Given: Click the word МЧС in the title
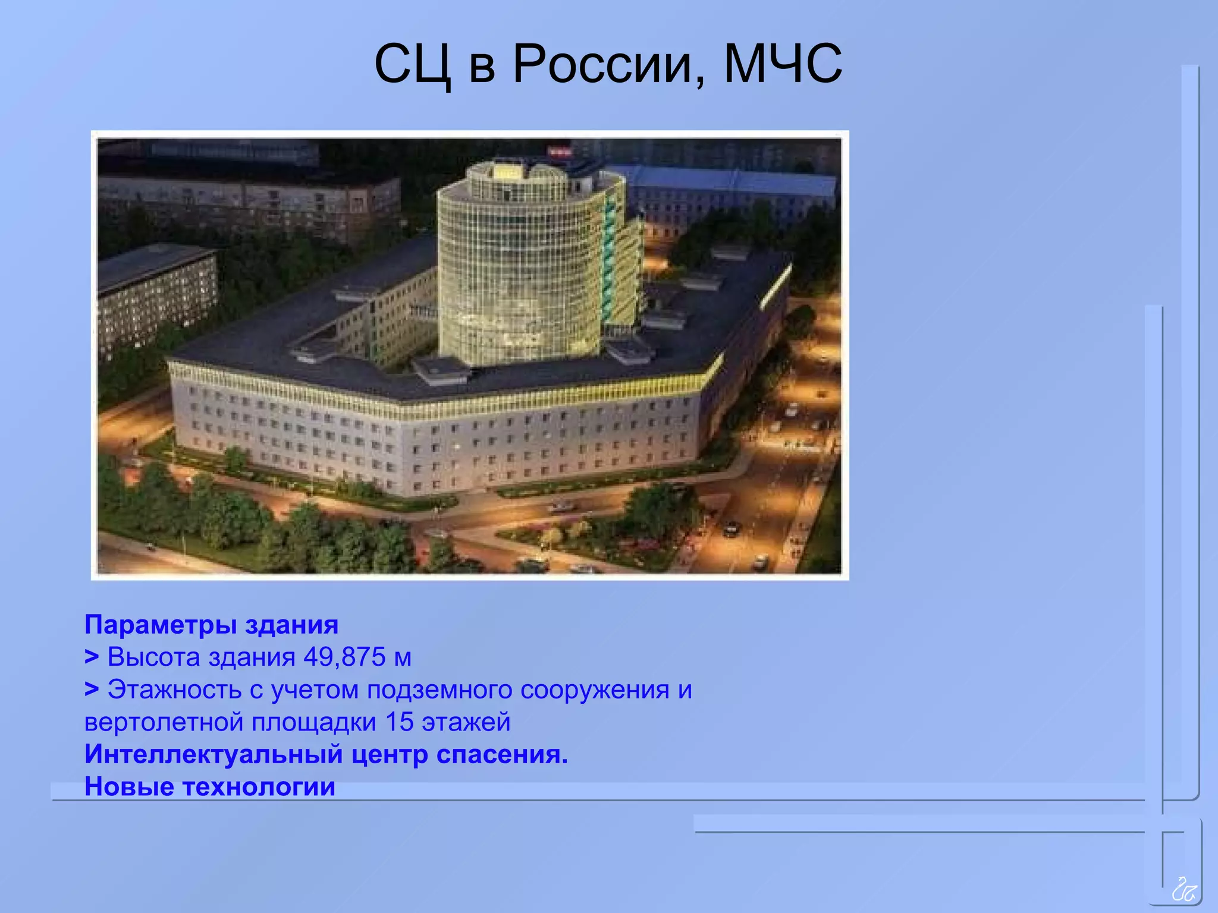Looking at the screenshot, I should (x=782, y=64).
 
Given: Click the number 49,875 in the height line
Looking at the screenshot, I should (x=344, y=657).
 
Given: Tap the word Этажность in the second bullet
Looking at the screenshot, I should (x=174, y=690).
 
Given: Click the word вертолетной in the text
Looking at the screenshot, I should (x=164, y=722).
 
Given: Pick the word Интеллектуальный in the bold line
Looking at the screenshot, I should (x=214, y=754).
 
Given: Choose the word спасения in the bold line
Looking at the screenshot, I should (x=502, y=754).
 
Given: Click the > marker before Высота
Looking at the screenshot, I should (x=91, y=657).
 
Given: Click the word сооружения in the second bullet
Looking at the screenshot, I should (x=595, y=690).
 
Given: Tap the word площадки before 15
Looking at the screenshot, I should (x=314, y=722).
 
